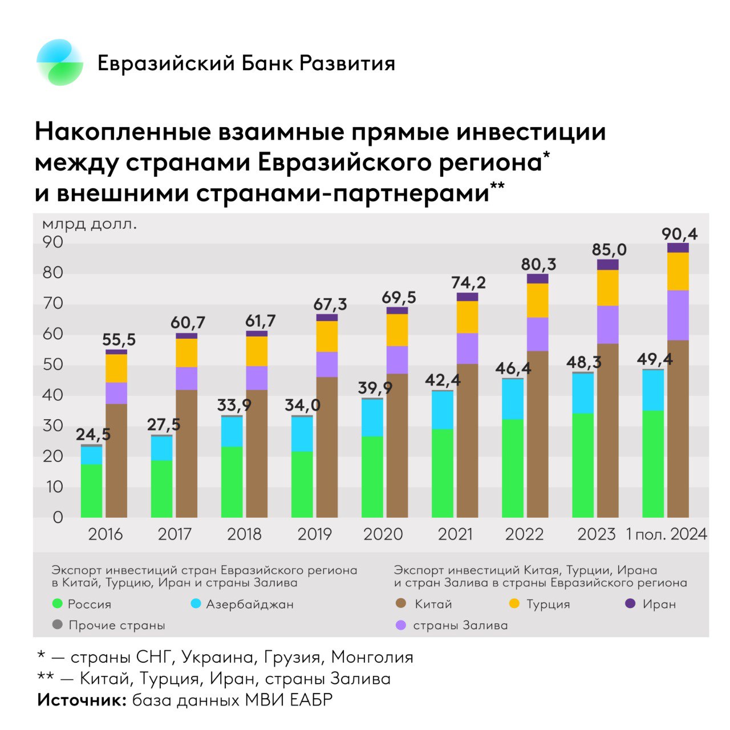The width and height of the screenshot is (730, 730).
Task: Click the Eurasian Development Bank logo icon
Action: point(60,62)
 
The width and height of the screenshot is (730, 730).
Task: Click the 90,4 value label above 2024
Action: point(679,234)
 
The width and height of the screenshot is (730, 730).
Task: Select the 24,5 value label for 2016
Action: point(94,435)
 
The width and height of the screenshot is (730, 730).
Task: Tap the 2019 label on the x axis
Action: point(314,534)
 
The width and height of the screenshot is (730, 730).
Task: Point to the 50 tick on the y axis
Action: point(52,364)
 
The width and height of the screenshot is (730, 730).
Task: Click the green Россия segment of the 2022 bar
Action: point(513,468)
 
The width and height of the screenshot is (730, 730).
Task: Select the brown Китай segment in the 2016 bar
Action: point(116,460)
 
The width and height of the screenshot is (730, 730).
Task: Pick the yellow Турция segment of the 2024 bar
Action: point(678,271)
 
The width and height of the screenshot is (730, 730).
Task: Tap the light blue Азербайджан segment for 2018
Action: point(232,432)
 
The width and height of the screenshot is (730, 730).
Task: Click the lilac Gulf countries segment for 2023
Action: point(607,325)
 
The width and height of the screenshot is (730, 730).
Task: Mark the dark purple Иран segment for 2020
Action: point(397,311)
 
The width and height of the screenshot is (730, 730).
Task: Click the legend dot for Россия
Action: point(57,604)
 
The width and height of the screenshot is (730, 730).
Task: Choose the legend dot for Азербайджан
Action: point(196,604)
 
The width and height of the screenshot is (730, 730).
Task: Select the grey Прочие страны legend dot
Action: point(57,625)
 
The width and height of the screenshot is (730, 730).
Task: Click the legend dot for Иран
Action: point(630,604)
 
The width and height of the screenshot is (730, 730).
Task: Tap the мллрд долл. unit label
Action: point(90,224)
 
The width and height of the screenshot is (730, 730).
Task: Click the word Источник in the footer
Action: point(82,700)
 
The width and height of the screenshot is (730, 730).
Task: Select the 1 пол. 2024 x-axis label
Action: point(666,534)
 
